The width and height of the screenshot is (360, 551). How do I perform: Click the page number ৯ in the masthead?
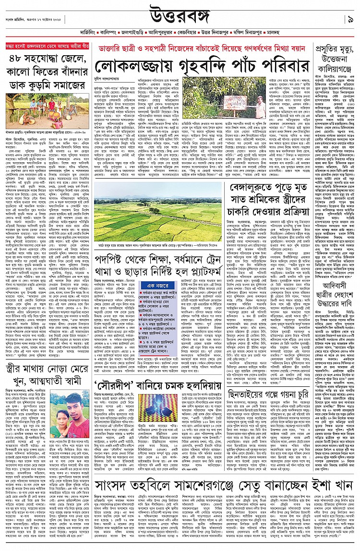(x=350, y=20)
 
